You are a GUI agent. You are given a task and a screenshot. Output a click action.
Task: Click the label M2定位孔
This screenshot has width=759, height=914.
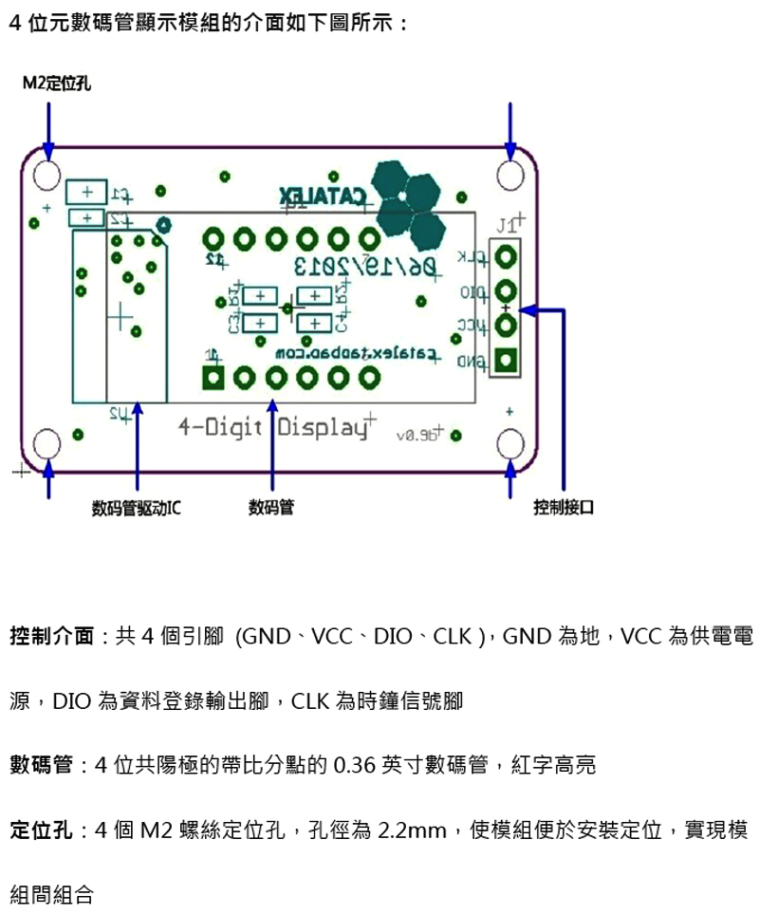(57, 85)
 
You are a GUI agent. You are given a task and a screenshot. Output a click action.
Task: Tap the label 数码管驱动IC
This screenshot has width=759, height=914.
(137, 508)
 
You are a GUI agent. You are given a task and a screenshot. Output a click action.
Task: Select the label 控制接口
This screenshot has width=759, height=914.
(564, 508)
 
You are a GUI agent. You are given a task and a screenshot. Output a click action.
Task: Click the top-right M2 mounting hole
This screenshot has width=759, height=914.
(510, 175)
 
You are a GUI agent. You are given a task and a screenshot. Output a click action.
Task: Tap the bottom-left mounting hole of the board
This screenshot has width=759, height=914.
(47, 443)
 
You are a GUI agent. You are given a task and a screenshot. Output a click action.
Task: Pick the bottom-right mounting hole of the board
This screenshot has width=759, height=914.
(510, 443)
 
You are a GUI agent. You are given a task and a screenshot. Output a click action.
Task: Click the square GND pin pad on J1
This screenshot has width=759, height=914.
(507, 361)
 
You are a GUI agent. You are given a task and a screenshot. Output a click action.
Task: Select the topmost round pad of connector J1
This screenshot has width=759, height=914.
(507, 256)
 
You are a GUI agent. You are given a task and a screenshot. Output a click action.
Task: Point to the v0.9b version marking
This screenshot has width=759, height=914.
(417, 435)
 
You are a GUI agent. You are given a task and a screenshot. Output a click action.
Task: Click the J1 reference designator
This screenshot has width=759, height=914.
(509, 226)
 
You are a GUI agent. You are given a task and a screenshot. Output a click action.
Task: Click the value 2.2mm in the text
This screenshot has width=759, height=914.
(411, 831)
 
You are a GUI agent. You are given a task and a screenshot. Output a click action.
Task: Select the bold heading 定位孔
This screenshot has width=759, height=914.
(41, 831)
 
